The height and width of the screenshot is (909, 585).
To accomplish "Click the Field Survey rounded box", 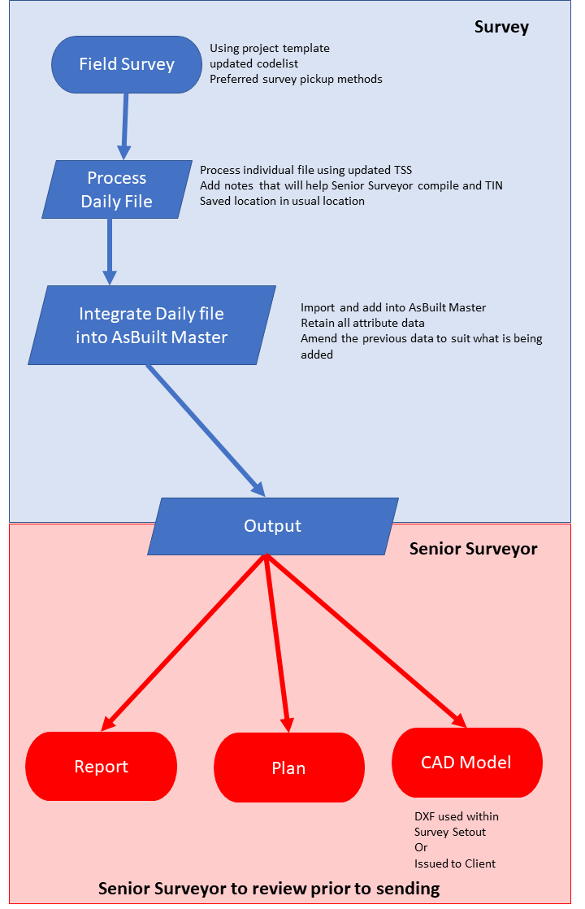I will click(x=126, y=64).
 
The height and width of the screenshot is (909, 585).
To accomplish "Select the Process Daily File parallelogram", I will click(x=117, y=189).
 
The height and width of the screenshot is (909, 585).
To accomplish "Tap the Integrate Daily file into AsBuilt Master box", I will click(x=151, y=324).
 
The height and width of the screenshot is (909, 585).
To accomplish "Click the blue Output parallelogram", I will click(x=273, y=526).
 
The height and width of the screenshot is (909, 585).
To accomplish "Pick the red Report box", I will click(x=102, y=767).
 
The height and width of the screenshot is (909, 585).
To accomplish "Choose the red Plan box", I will click(x=288, y=768).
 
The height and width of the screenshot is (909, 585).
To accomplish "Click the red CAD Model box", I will click(x=466, y=763).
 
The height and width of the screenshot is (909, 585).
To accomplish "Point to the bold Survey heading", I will click(x=501, y=27).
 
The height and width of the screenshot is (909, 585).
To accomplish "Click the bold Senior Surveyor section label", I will click(x=473, y=549).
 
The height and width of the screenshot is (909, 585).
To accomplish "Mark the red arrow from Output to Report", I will click(x=184, y=640).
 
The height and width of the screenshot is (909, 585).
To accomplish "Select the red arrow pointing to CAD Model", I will click(x=366, y=639).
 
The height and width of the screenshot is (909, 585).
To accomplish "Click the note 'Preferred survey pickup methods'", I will click(x=296, y=79).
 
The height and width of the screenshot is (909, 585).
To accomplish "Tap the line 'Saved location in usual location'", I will click(x=282, y=201).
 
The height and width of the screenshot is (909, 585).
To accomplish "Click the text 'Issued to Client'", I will click(x=454, y=863).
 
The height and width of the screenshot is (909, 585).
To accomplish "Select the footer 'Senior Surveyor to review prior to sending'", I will click(x=269, y=888).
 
